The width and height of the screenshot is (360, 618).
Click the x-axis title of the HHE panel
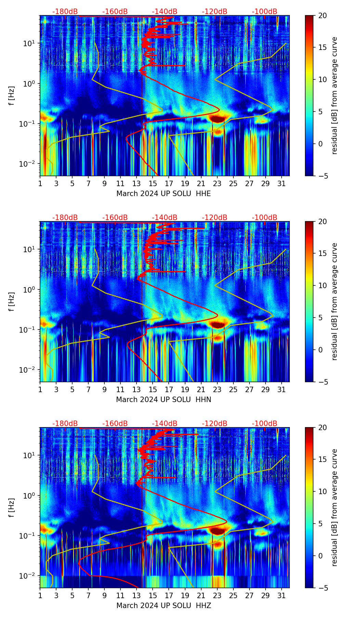pos(164,194)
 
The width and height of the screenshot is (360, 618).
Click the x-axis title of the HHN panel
pos(164,400)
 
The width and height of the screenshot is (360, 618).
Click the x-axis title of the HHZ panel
pos(164,606)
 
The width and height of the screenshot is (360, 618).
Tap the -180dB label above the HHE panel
pos(65,12)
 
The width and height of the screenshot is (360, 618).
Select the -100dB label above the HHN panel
pos(265,218)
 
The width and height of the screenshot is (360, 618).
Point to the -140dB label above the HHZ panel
pos(165,424)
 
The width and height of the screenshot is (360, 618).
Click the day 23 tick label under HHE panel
pos(217,183)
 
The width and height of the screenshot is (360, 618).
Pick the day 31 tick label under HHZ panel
pos(282,595)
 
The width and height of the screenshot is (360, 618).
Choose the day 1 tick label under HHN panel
pos(40,389)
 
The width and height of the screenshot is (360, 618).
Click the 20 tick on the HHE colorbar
pos(322,16)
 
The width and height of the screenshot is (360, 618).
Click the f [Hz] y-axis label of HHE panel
pos(12,96)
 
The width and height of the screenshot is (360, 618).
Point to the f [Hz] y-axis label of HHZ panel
pos(12,508)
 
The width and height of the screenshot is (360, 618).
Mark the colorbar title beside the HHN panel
pos(335,302)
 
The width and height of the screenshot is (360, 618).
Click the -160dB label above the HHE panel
pos(115,12)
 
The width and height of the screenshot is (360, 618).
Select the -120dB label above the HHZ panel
pos(215,424)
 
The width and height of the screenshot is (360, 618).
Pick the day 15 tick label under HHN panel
pos(153,389)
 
